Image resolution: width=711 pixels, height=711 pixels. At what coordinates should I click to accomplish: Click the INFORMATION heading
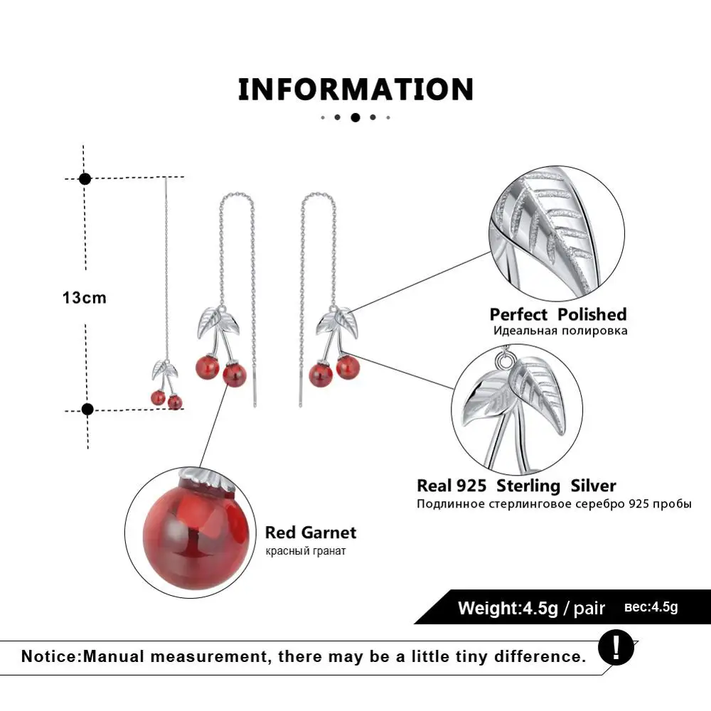(x=355, y=90)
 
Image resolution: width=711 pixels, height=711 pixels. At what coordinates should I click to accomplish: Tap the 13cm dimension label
(x=84, y=298)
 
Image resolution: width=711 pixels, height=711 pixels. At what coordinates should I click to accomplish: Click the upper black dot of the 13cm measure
(x=85, y=178)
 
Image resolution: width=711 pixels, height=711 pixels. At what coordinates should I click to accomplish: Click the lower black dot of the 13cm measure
(x=87, y=409)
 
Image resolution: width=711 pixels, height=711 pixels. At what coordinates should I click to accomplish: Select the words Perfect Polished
(x=557, y=314)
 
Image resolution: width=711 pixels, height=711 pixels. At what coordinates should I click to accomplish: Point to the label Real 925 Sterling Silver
(x=516, y=486)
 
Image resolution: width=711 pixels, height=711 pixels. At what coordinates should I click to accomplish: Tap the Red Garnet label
(x=311, y=533)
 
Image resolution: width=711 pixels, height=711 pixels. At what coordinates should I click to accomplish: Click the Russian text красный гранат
(x=306, y=551)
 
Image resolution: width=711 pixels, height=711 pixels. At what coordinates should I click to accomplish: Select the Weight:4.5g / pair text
(x=531, y=609)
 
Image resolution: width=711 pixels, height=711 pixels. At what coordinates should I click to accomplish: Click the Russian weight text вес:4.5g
(x=651, y=607)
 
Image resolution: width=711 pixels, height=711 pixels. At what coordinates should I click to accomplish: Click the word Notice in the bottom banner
(x=50, y=656)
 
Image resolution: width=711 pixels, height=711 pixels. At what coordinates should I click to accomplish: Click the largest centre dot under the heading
(x=355, y=117)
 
